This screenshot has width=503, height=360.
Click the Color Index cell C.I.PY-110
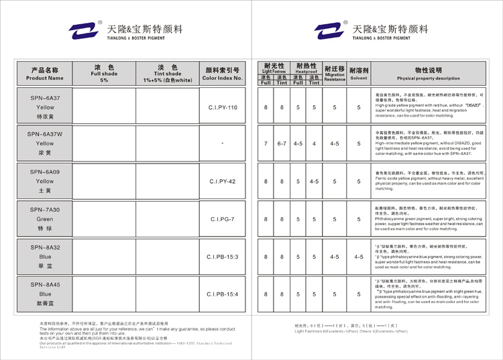[223, 107]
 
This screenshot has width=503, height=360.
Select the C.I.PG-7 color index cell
[223, 219]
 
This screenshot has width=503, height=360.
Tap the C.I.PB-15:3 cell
[223, 257]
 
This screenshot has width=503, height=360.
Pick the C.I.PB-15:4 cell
[223, 294]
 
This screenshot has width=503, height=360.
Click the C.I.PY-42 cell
[223, 182]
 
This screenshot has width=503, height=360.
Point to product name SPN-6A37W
[46, 134]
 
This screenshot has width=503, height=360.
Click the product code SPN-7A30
[46, 210]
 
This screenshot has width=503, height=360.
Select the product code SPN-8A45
[46, 285]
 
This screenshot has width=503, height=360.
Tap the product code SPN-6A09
[46, 172]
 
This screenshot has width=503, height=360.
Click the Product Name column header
[46, 73]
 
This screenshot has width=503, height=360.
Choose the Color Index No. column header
[223, 73]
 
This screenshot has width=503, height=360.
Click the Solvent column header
[359, 73]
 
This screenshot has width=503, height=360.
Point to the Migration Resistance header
[334, 73]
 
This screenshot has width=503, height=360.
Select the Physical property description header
[428, 73]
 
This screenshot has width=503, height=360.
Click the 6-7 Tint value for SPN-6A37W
[282, 144]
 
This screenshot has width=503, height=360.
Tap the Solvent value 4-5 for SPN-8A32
[359, 257]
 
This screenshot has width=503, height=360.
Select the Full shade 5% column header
[104, 73]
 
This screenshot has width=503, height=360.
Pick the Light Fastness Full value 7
[266, 144]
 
